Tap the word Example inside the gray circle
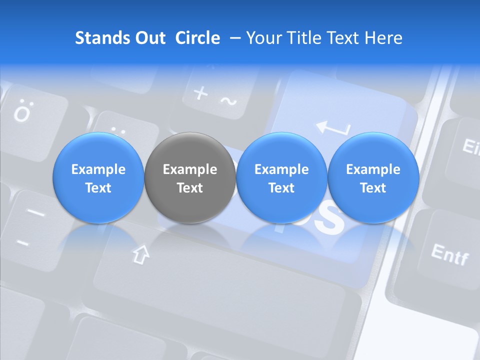[x=190, y=169]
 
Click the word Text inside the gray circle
[x=190, y=188]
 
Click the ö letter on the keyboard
[x=22, y=113]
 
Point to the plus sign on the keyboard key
[x=200, y=92]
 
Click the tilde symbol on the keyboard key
[x=228, y=102]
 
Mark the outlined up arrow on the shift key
[x=141, y=254]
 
